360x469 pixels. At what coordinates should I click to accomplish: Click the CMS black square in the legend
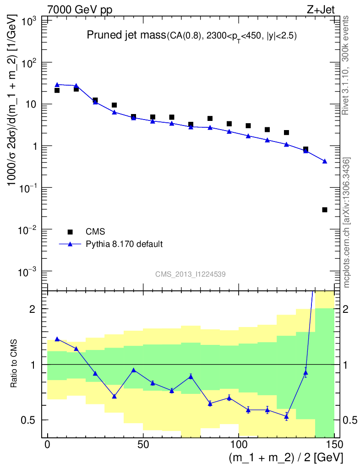[70, 231]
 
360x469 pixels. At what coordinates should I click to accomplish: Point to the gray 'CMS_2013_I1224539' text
[190, 274]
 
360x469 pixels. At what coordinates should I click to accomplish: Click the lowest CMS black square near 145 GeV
[325, 210]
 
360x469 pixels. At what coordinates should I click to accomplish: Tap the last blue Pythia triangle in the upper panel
[325, 161]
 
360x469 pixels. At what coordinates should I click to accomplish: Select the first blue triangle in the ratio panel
[57, 339]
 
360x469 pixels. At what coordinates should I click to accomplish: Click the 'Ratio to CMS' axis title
[14, 364]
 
